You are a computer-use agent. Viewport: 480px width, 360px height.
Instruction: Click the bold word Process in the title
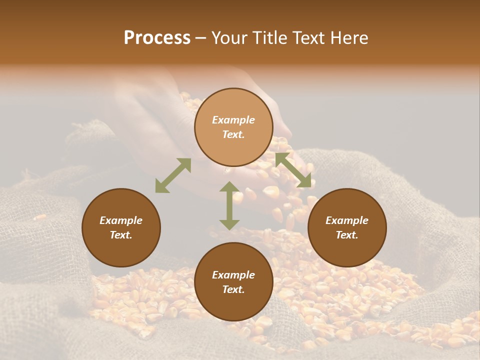157,38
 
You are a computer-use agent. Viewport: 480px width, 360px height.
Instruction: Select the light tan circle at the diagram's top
233,127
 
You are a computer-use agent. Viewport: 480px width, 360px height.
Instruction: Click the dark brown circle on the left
121,227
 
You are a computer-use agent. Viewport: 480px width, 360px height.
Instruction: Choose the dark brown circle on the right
347,227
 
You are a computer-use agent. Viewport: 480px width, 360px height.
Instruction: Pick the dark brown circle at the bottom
233,282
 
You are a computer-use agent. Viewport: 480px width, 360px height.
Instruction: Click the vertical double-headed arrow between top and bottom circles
229,205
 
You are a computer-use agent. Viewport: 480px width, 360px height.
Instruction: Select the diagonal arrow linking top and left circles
173,175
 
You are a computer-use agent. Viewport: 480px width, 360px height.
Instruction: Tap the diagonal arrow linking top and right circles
293,170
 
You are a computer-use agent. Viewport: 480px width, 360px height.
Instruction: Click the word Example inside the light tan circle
233,120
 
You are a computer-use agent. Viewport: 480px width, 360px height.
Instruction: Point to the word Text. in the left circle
121,235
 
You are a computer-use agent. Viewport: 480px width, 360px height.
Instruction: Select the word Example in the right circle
347,220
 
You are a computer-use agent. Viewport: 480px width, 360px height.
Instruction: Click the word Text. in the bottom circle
233,289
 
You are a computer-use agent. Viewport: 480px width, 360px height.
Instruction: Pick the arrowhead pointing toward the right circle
304,181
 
